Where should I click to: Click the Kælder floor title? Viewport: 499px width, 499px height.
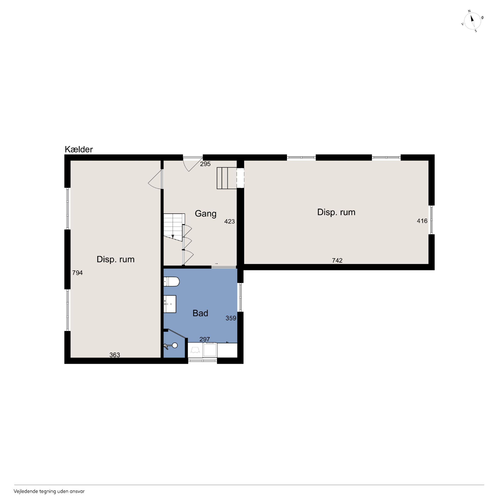click(x=78, y=149)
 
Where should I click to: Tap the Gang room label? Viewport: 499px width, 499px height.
click(x=205, y=214)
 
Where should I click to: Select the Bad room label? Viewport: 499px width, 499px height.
click(x=200, y=313)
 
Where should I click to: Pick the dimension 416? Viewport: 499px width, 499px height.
click(x=422, y=221)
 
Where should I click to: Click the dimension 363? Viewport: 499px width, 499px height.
click(x=115, y=355)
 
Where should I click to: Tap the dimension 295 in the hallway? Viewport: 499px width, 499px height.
click(x=205, y=164)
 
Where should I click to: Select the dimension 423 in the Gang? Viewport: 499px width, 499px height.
click(x=229, y=221)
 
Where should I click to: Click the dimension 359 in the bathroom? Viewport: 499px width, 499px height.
click(x=231, y=318)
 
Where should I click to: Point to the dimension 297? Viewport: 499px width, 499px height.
click(x=205, y=339)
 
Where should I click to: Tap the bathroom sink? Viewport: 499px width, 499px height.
click(x=170, y=304)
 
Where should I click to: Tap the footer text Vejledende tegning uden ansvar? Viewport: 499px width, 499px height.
click(x=49, y=491)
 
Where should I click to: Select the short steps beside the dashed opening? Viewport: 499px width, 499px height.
click(x=227, y=178)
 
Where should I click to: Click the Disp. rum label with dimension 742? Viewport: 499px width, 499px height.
click(x=336, y=212)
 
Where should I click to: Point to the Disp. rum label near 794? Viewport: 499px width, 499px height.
click(x=116, y=259)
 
